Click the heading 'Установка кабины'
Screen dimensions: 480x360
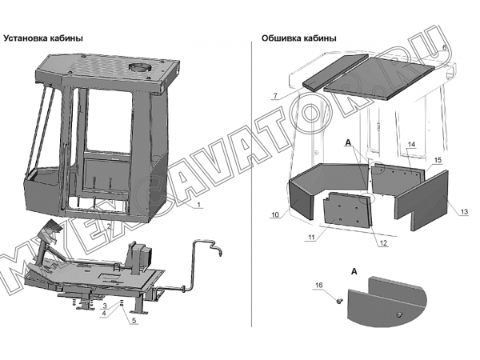[x=43, y=38]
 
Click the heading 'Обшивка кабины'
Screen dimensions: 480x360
[x=298, y=38]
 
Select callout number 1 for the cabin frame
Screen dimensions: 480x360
[x=198, y=205]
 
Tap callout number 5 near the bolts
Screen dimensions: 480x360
[x=134, y=321]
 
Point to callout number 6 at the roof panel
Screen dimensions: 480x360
[x=445, y=47]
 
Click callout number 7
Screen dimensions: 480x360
[x=275, y=96]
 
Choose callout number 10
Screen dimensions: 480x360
[x=275, y=214]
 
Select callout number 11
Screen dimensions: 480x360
[x=311, y=238]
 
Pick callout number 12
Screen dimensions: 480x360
[x=383, y=243]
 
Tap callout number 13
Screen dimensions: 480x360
[x=464, y=211]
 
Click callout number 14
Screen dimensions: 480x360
[x=411, y=145]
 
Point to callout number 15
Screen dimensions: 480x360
[x=438, y=160]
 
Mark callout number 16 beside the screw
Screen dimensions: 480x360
[x=318, y=286]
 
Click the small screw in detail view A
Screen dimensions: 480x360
[x=339, y=302]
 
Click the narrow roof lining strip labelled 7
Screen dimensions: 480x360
[x=335, y=72]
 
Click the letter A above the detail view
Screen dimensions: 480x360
[x=354, y=271]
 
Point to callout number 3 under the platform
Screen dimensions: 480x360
[x=104, y=306]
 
